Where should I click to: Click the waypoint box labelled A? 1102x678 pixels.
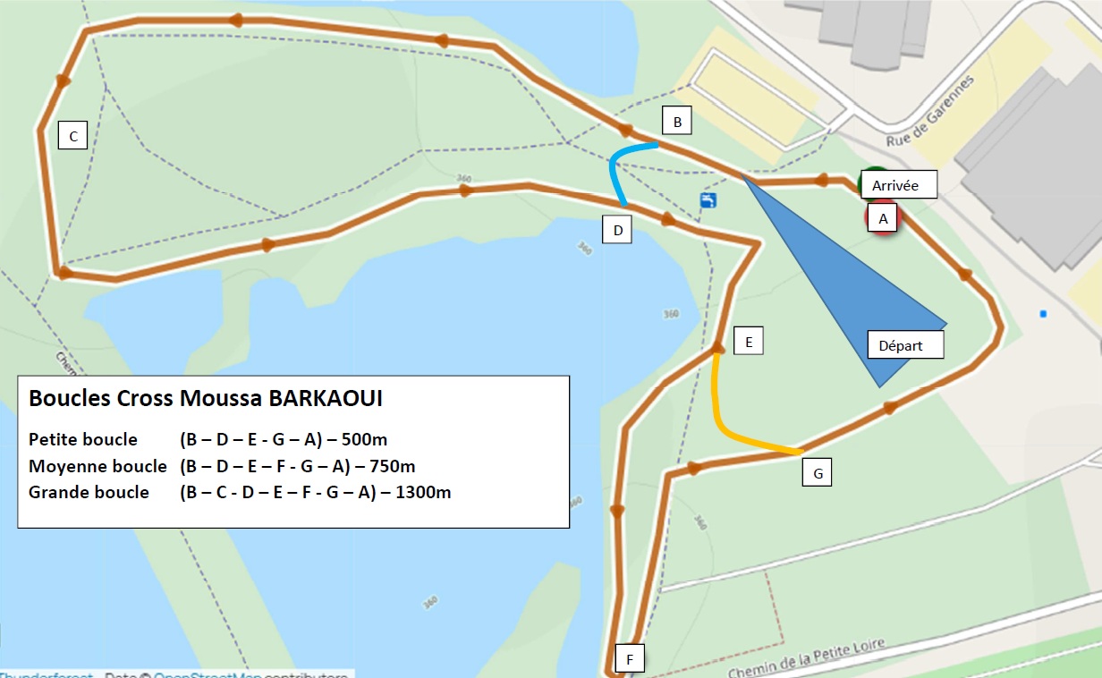[x=883, y=217]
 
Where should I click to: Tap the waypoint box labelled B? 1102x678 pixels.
[x=677, y=122]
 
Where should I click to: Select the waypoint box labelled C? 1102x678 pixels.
[x=72, y=136]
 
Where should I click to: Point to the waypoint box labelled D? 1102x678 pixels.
[x=617, y=230]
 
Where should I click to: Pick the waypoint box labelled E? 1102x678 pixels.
[x=749, y=341]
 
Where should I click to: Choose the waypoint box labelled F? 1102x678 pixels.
[x=630, y=660]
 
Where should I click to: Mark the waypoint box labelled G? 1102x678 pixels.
[x=817, y=473]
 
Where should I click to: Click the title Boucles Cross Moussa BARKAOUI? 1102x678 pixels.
[x=206, y=399]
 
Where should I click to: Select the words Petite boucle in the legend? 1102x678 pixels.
[x=83, y=439]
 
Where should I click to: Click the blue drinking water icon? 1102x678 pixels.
[x=708, y=199]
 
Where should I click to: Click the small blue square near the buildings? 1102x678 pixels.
[x=1043, y=314]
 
